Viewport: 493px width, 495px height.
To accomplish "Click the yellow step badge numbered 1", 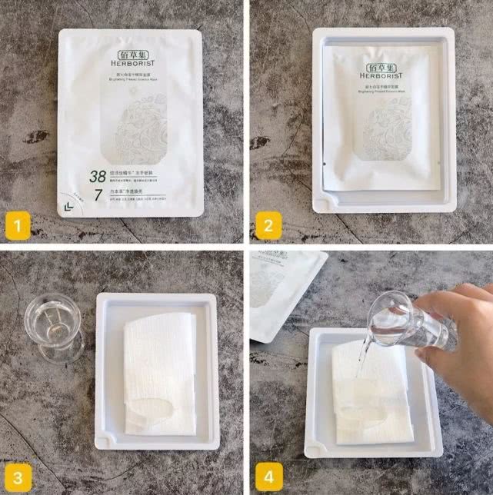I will coord(18,227).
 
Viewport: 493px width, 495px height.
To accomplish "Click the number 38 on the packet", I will coord(98,175).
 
